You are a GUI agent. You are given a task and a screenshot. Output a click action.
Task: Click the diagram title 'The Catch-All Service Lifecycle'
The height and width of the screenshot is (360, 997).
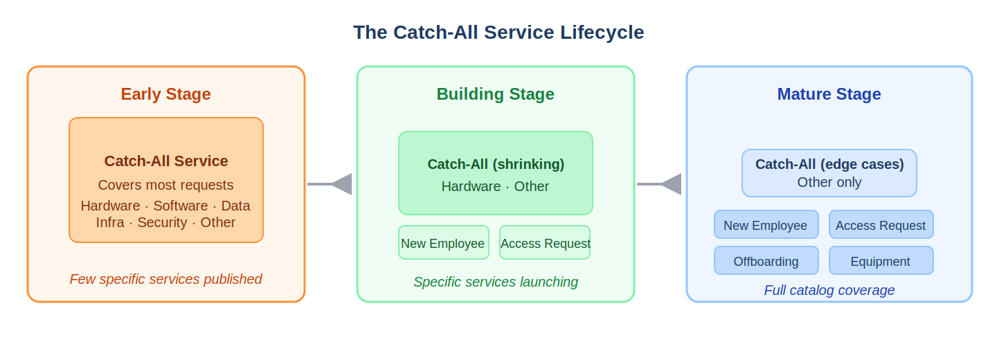[498, 33]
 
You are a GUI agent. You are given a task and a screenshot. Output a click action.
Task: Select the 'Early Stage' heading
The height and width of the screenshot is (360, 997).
[165, 94]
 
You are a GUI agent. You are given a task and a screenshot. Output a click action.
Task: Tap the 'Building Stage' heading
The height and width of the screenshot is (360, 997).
[495, 94]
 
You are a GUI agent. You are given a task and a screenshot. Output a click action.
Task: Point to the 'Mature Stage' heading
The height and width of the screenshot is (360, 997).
[829, 94]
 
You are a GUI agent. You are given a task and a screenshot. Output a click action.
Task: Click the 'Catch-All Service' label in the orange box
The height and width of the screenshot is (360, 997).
[166, 161]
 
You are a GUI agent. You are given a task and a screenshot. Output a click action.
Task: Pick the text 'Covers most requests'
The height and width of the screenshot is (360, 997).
[165, 186]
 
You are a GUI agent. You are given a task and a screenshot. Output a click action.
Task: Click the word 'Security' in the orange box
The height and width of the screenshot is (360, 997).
[162, 223]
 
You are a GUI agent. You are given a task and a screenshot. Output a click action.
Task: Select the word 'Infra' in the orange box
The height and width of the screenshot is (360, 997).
[110, 223]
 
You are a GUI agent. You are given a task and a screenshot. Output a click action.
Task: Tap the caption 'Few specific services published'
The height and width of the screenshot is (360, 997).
[165, 279]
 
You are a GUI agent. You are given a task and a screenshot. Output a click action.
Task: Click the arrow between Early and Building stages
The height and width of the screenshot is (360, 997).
[330, 184]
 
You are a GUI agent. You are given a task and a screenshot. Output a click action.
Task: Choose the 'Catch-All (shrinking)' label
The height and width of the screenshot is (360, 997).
[496, 165]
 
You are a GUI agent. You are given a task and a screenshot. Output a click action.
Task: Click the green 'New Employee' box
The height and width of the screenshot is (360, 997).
[443, 243]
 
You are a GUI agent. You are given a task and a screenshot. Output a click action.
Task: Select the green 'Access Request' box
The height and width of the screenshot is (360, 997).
[545, 243]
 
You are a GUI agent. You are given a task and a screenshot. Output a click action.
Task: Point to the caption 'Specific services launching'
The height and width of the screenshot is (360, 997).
[496, 282]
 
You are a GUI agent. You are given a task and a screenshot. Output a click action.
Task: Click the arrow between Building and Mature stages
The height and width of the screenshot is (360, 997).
[660, 184]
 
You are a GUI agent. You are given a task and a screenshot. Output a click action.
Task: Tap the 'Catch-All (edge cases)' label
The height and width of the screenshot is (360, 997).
[829, 165]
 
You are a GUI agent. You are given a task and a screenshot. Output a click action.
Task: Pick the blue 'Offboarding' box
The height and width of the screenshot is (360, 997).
[766, 261]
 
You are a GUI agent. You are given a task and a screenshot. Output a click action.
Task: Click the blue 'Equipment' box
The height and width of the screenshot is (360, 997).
[881, 261]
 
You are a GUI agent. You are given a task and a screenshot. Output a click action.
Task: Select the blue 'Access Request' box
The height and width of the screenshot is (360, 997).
[881, 225]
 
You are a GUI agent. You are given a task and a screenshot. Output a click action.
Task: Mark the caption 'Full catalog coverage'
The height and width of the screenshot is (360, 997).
[829, 291]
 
